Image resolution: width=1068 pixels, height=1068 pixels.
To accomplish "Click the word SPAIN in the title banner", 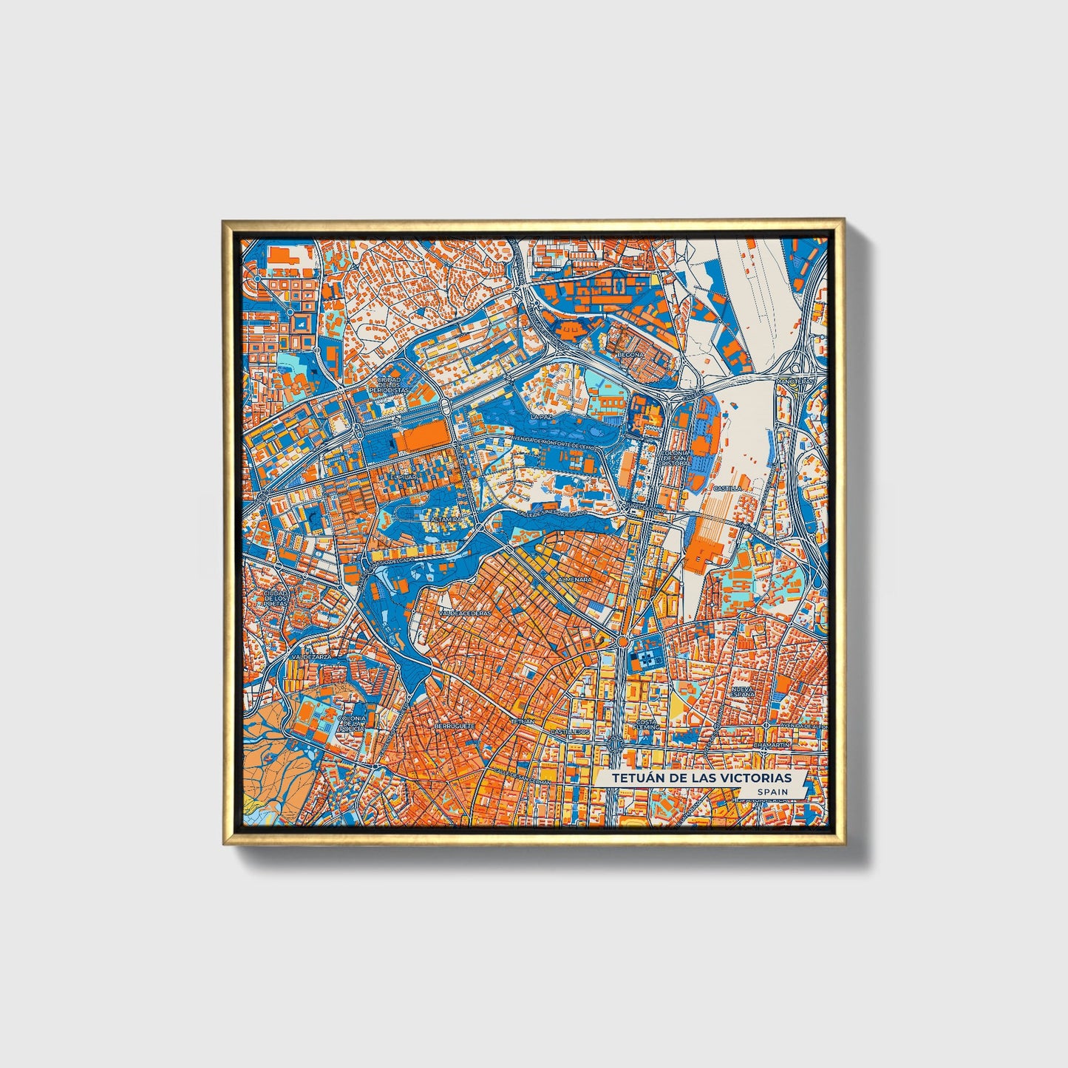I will tap(772, 792).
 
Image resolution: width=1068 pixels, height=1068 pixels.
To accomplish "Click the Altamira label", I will tap(445, 520).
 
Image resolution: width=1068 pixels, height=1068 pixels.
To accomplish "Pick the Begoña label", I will tap(632, 355).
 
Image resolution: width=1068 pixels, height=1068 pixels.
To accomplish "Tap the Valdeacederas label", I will tap(465, 613).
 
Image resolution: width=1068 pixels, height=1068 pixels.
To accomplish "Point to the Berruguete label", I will tap(454, 726).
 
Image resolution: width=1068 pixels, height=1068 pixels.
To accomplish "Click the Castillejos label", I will tap(570, 731).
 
